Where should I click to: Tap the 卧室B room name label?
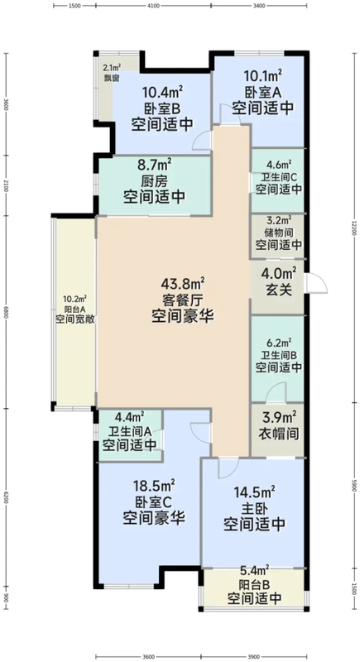[161, 107]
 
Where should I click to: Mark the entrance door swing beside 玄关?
[311, 284]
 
